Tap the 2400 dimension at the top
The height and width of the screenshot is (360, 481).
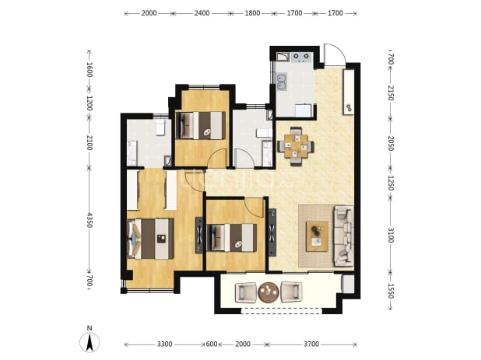coord(202,13)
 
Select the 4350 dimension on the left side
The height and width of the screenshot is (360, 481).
coord(90,220)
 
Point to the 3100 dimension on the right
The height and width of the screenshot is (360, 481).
coord(391,235)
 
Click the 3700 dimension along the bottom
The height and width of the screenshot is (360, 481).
coord(311,344)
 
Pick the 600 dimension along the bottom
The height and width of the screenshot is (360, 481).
coord(212,344)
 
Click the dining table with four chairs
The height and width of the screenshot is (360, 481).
coord(296,146)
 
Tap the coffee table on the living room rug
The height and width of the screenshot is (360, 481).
coord(317,236)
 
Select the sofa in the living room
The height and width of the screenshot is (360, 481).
coord(343,236)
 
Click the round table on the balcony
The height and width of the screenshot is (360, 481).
coord(269,292)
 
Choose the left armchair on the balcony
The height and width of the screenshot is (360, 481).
coord(245,292)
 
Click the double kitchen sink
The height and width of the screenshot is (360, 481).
coord(282,82)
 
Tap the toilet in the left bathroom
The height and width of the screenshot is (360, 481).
coord(160,128)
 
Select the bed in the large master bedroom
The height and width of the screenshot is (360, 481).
coord(150,239)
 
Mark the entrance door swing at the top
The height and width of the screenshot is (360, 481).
coord(335,54)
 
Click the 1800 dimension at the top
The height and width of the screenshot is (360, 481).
coord(252,13)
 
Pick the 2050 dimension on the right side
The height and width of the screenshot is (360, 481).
coord(391,143)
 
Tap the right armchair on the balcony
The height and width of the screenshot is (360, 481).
coord(291,292)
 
